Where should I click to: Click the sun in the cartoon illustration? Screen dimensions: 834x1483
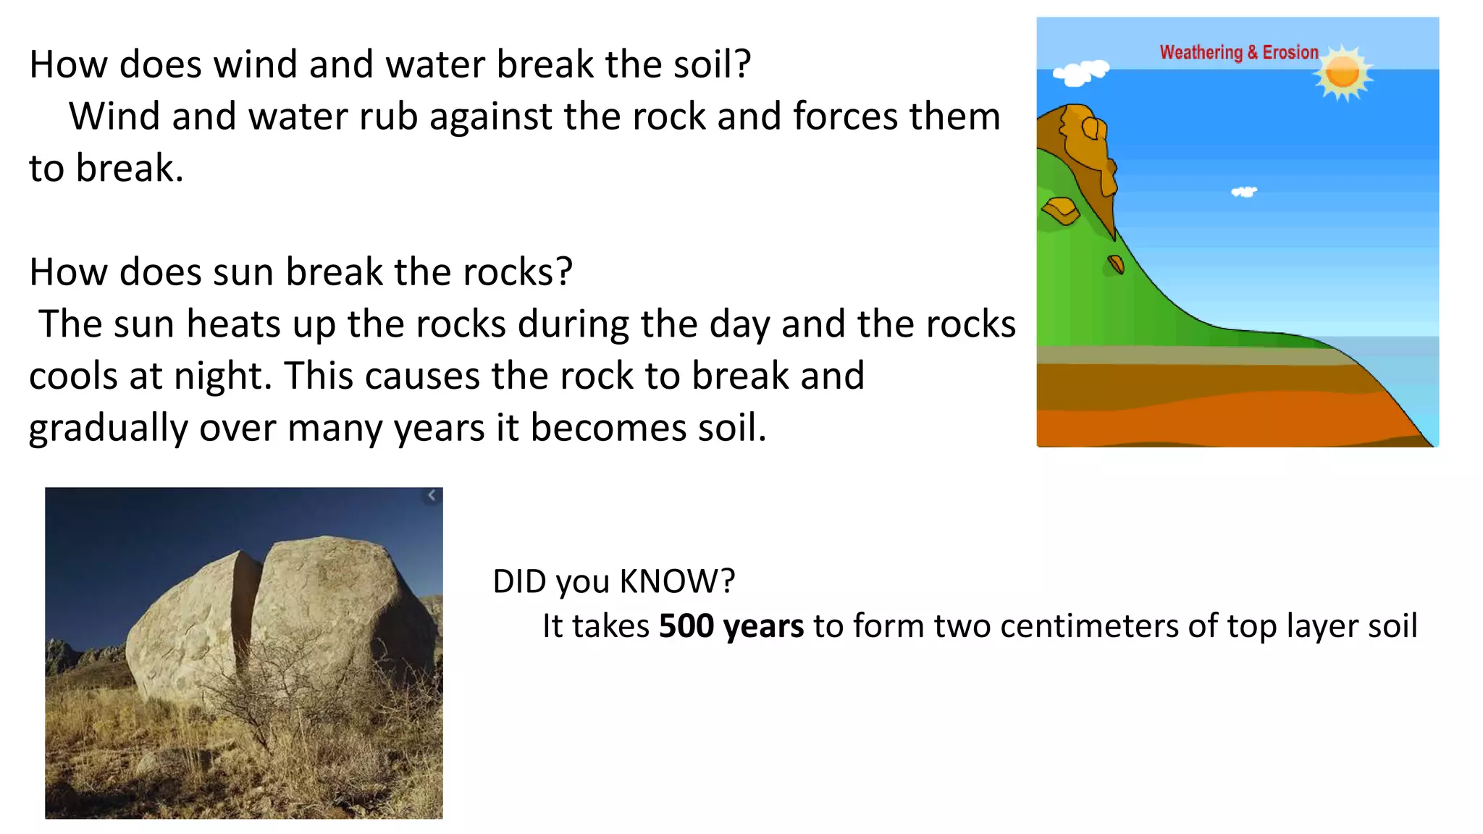click(x=1343, y=73)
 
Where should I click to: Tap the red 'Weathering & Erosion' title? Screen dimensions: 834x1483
click(x=1238, y=53)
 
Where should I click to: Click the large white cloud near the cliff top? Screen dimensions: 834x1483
click(x=1080, y=72)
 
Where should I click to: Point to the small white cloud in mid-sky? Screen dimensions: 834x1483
click(x=1244, y=192)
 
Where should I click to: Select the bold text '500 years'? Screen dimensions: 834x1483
click(x=731, y=626)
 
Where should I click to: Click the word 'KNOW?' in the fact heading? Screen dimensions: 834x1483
click(x=677, y=581)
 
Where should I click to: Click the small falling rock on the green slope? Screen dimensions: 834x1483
click(x=1116, y=265)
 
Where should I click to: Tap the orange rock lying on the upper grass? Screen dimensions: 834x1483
click(x=1062, y=211)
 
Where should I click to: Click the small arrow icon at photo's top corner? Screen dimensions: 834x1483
click(x=432, y=496)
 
